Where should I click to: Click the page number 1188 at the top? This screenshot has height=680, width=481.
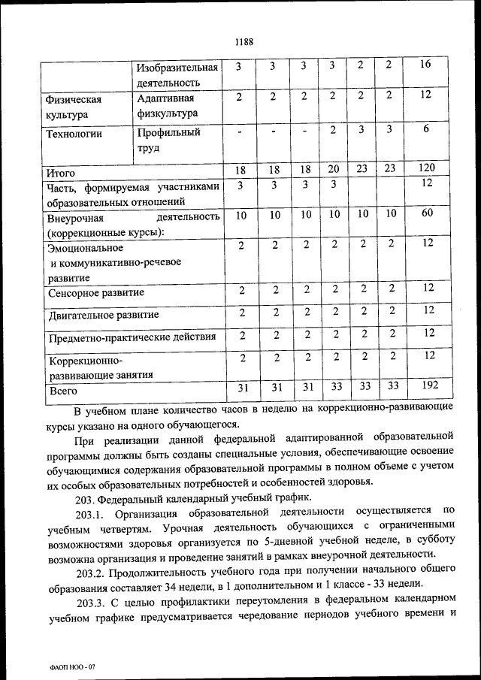243,42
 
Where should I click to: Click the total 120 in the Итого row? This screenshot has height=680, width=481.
426,168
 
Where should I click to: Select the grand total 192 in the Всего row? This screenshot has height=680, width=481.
430,385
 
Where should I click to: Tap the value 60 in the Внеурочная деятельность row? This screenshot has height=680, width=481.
426,214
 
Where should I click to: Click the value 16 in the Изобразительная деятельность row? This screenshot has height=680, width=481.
425,65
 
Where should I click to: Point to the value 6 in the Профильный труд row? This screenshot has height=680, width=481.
425,128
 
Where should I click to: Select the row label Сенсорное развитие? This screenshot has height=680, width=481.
95,292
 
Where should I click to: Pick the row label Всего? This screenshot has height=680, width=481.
63,391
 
